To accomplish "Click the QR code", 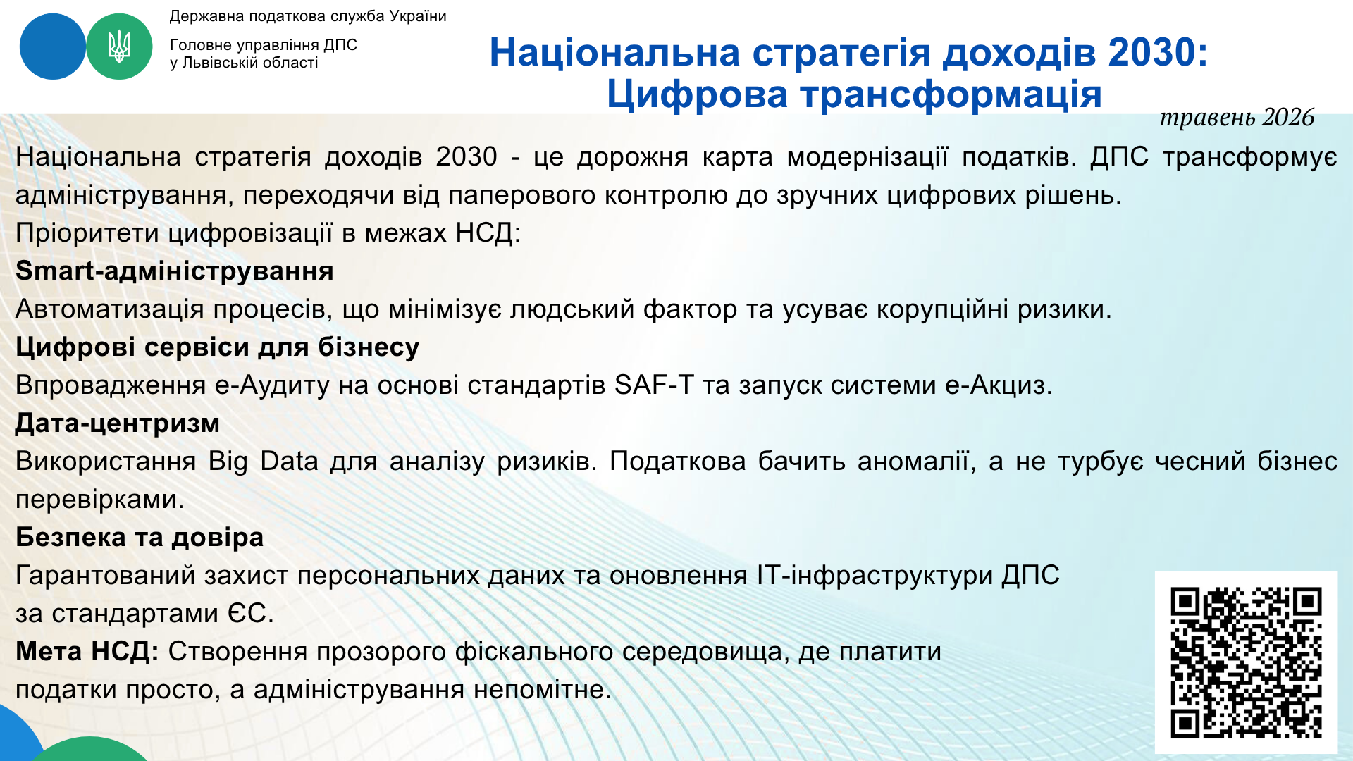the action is [1246, 662].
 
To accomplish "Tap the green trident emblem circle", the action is [119, 47].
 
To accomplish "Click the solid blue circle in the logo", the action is [52, 47].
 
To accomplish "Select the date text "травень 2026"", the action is [1237, 118].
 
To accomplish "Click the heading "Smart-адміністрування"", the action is [175, 271].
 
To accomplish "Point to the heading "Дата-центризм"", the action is [118, 423].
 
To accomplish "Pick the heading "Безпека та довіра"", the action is [140, 538].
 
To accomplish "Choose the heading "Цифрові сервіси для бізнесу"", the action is [218, 347].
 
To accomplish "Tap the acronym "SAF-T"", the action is [654, 385].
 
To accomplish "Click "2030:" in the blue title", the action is [1158, 52].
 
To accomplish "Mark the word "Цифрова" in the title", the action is [697, 94].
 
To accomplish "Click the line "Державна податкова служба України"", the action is [308, 16].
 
